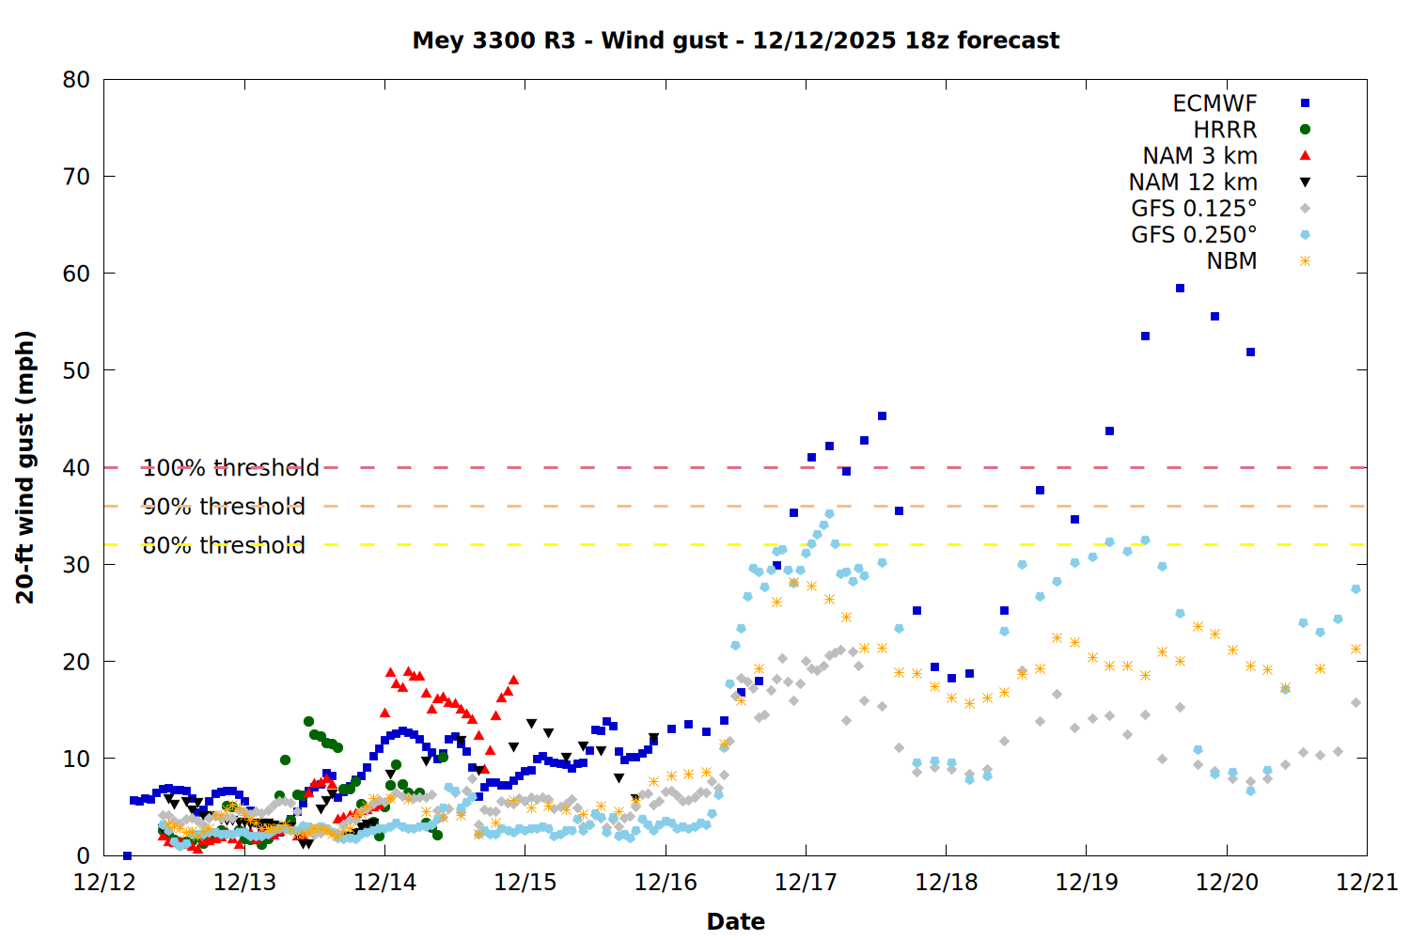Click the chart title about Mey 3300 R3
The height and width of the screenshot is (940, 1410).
pyautogui.click(x=735, y=40)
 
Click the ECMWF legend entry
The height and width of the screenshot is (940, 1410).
pyautogui.click(x=1214, y=103)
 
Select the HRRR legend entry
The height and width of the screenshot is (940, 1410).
pyautogui.click(x=1225, y=130)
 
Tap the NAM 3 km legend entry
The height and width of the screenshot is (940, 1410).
pyautogui.click(x=1199, y=156)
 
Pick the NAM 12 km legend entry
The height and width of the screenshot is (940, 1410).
pyautogui.click(x=1193, y=182)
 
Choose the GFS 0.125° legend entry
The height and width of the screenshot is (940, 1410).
pyautogui.click(x=1194, y=209)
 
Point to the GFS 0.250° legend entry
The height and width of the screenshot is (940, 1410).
pyautogui.click(x=1194, y=235)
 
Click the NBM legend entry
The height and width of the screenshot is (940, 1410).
pyautogui.click(x=1231, y=261)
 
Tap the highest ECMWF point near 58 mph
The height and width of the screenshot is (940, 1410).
pyautogui.click(x=1180, y=289)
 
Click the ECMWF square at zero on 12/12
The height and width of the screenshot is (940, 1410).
pyautogui.click(x=127, y=855)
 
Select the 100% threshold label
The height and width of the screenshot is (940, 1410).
pyautogui.click(x=230, y=468)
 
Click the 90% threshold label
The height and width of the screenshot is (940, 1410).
pyautogui.click(x=224, y=507)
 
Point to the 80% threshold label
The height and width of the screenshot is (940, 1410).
pyautogui.click(x=224, y=545)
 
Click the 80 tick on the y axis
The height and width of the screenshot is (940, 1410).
pyautogui.click(x=76, y=80)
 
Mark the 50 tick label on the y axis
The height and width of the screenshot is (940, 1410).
pyautogui.click(x=76, y=370)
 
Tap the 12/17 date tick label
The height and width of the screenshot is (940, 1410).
pyautogui.click(x=806, y=883)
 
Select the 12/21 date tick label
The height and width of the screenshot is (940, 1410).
pyautogui.click(x=1367, y=883)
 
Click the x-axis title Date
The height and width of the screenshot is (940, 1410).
pyautogui.click(x=735, y=921)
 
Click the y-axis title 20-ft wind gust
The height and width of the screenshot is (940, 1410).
pyautogui.click(x=25, y=467)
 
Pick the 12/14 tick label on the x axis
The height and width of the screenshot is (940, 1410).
pyautogui.click(x=384, y=883)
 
